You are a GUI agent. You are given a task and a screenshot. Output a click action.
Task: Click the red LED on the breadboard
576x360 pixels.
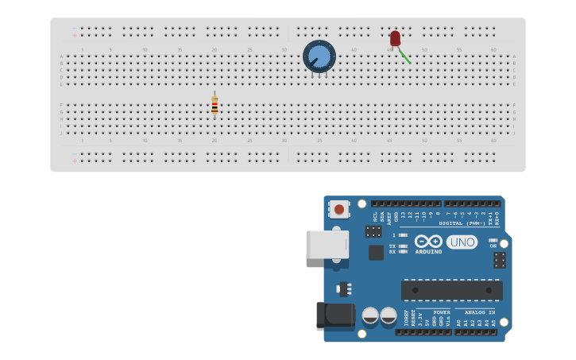(395, 38)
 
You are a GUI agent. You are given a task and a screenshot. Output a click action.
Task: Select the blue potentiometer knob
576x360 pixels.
(319, 56)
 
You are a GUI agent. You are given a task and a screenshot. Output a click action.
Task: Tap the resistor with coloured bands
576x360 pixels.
(215, 104)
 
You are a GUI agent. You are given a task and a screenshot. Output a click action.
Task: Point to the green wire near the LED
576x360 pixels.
(404, 56)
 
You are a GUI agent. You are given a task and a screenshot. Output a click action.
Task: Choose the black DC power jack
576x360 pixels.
(334, 314)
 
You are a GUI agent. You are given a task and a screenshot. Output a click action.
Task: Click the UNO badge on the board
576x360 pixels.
(462, 242)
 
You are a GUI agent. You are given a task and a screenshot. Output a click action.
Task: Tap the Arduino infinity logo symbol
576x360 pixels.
(428, 241)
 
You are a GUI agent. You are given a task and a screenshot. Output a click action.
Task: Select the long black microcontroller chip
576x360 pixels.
(451, 290)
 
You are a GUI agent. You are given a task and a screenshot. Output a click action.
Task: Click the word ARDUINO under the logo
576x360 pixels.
(428, 252)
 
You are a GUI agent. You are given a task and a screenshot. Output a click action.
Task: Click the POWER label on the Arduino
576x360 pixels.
(442, 312)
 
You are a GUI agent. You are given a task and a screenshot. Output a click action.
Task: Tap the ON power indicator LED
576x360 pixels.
(493, 240)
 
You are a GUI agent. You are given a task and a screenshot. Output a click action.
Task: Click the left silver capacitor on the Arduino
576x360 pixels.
(370, 315)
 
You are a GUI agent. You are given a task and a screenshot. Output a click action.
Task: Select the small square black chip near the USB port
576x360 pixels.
(376, 252)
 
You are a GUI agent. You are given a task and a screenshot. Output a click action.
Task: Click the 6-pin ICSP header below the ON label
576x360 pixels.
(500, 260)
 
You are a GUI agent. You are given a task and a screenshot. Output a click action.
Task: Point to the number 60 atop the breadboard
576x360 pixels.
(493, 49)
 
